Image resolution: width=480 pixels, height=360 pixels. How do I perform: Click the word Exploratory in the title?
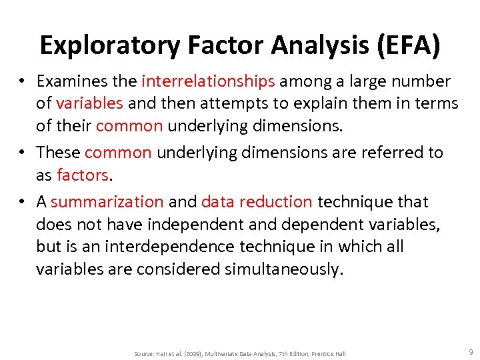(x=109, y=45)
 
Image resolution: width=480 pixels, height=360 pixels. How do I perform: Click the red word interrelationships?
(x=208, y=81)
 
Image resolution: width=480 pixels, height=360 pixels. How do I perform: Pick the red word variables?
(x=90, y=103)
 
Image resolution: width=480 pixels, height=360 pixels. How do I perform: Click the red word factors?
(x=83, y=175)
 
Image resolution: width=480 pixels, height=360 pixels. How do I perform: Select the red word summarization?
(x=107, y=201)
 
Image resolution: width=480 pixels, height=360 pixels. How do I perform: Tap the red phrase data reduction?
(x=257, y=201)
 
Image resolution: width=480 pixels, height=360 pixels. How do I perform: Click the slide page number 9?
(x=471, y=351)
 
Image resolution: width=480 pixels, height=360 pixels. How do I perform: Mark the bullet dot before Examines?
(x=22, y=82)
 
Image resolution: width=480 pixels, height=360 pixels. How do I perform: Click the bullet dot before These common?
(x=22, y=153)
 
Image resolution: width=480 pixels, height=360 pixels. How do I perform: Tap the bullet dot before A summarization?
(x=22, y=202)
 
